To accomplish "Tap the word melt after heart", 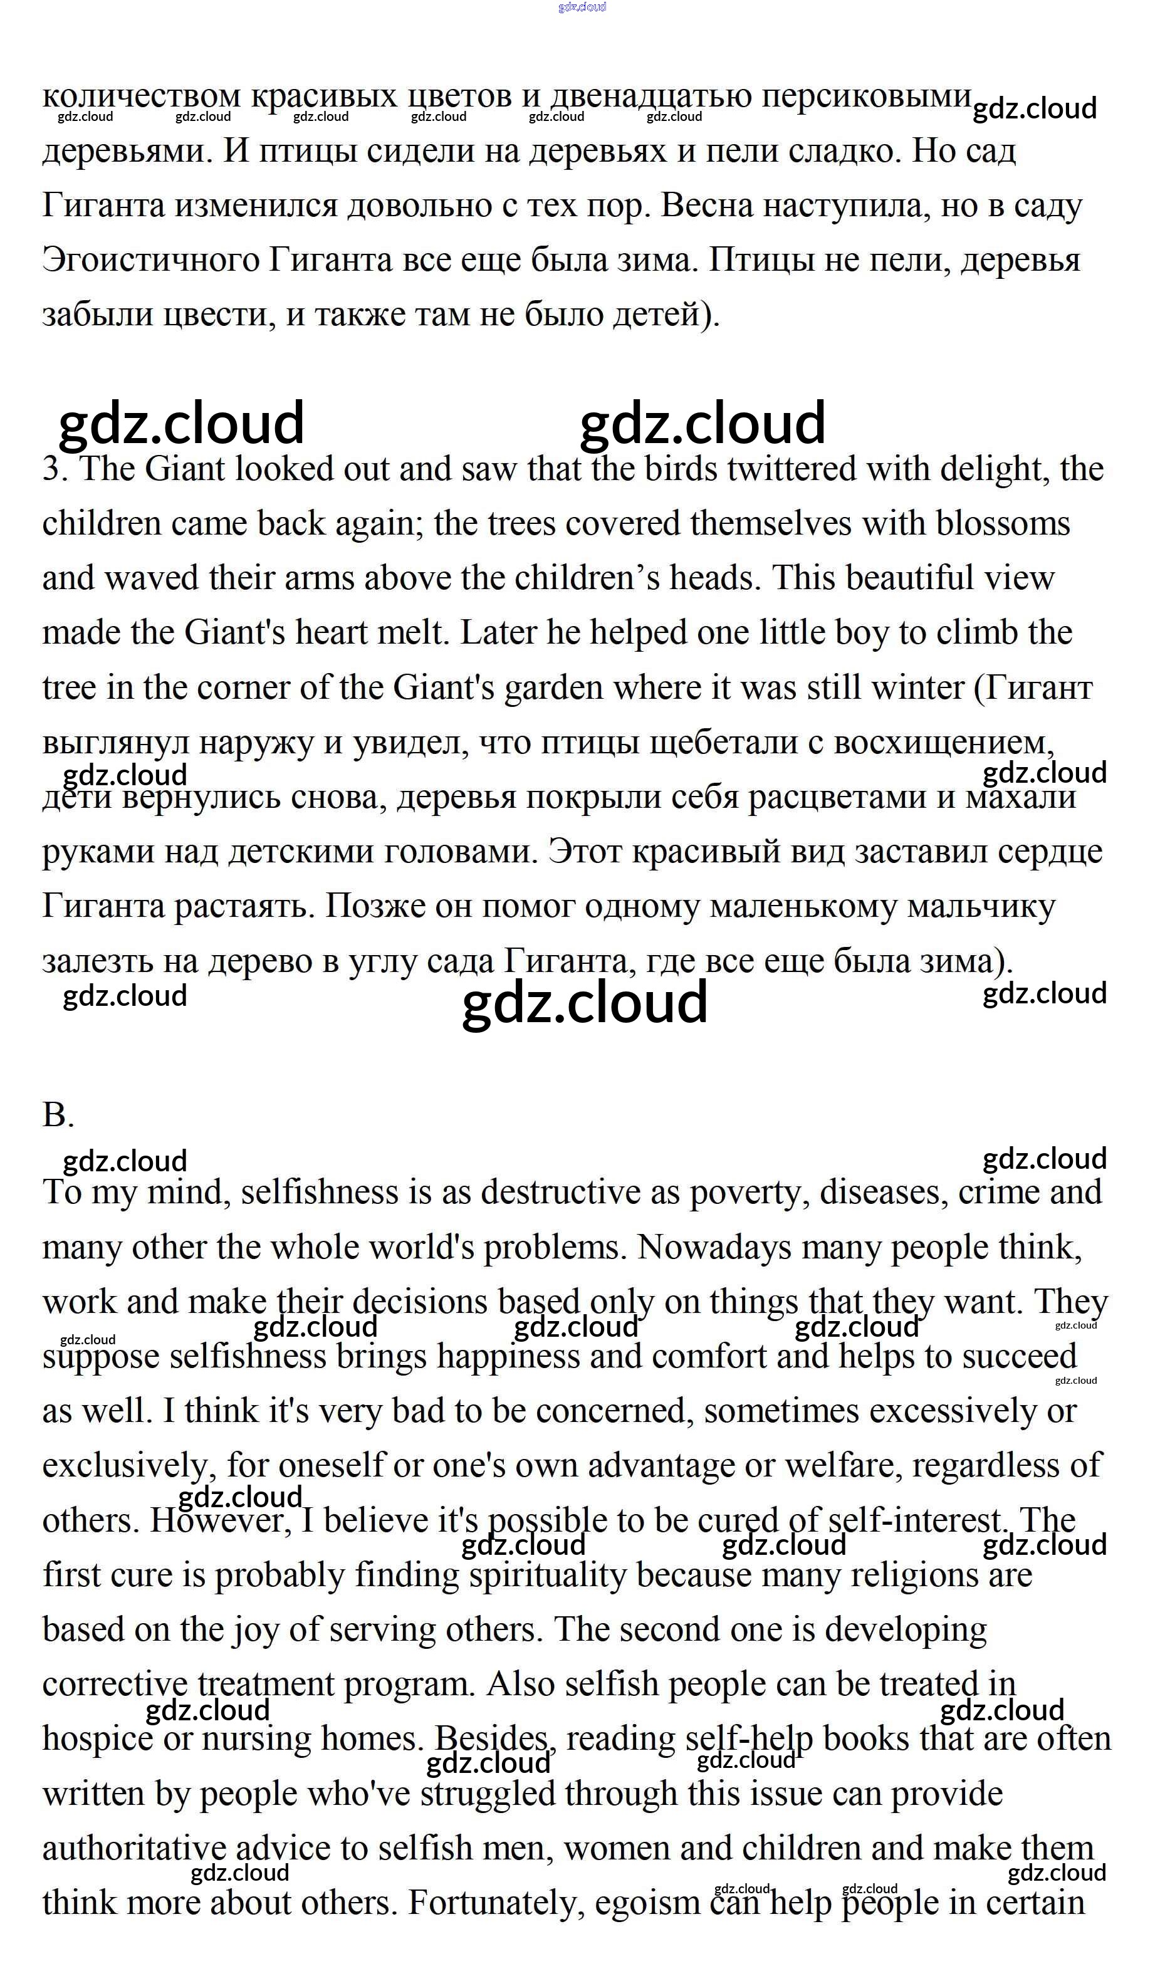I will (x=417, y=633).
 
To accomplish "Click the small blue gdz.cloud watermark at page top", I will (x=582, y=7).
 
